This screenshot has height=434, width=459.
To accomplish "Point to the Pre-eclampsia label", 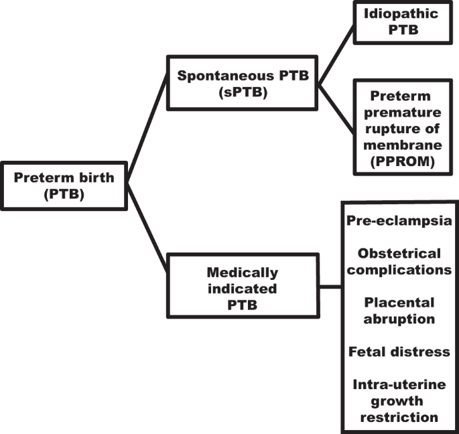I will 399,220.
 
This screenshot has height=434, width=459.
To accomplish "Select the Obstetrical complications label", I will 399,262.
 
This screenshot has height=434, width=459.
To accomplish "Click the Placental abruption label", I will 399,311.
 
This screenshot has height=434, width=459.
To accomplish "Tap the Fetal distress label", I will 399,352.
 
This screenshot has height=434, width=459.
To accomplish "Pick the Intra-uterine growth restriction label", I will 399,401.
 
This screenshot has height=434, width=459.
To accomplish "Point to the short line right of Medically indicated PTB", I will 330,287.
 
